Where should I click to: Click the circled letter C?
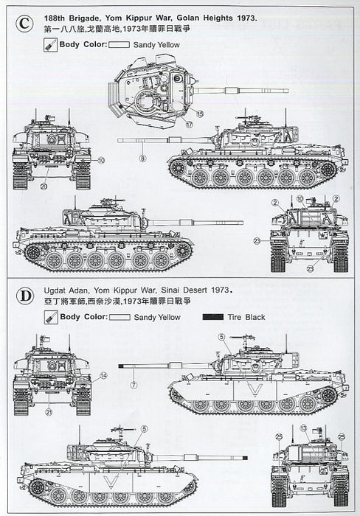coord(27,24)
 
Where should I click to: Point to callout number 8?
coord(142,158)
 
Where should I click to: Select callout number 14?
coord(103,376)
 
